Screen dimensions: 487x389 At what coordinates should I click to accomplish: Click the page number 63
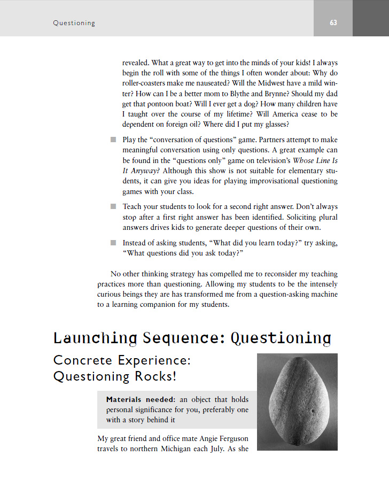click(333, 23)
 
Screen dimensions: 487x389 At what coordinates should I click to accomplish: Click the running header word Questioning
click(74, 23)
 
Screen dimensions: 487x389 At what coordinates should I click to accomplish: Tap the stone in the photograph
click(298, 403)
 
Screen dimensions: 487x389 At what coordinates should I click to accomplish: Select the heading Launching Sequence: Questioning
click(192, 338)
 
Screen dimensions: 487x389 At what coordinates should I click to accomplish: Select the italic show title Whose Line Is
click(315, 160)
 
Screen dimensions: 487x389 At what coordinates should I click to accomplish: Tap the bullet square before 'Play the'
click(113, 140)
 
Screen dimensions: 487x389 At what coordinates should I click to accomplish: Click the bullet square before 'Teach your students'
click(113, 206)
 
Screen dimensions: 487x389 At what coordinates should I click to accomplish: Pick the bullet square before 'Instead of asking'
click(113, 243)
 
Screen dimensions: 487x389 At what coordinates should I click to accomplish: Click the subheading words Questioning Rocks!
click(114, 377)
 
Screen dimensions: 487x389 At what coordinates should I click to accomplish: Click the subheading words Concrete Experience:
click(122, 361)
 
